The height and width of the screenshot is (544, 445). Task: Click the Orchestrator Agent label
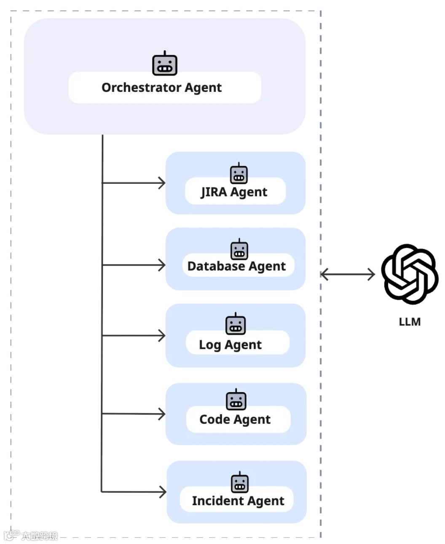pos(161,87)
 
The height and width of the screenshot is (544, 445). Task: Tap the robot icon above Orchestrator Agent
pos(165,64)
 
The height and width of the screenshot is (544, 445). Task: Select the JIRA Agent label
pos(234,192)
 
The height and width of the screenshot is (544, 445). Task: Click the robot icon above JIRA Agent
pos(239,173)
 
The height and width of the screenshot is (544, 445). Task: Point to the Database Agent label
pos(236,266)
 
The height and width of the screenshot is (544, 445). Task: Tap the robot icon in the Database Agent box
pos(239,249)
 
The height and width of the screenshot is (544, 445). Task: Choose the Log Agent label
pos(230,345)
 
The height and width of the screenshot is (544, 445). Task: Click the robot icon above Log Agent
pos(236,324)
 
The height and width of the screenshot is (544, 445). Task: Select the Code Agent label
pos(235,419)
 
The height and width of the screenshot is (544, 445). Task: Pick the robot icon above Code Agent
pos(236,400)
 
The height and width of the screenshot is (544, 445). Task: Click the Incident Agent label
pos(238,501)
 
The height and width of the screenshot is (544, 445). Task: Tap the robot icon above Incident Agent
pos(240,482)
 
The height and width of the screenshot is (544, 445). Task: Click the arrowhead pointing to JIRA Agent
pos(162,183)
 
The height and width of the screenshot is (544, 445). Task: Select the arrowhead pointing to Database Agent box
pos(162,265)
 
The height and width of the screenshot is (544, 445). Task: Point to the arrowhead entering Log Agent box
pos(162,336)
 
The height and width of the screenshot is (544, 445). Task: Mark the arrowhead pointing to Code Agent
pos(162,414)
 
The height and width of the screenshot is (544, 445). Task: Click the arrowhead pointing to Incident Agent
pos(163,492)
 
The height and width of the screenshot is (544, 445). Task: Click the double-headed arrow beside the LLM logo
pos(348,275)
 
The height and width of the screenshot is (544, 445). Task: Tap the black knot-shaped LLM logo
pos(410,274)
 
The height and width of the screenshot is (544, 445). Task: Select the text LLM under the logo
pos(410,322)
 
